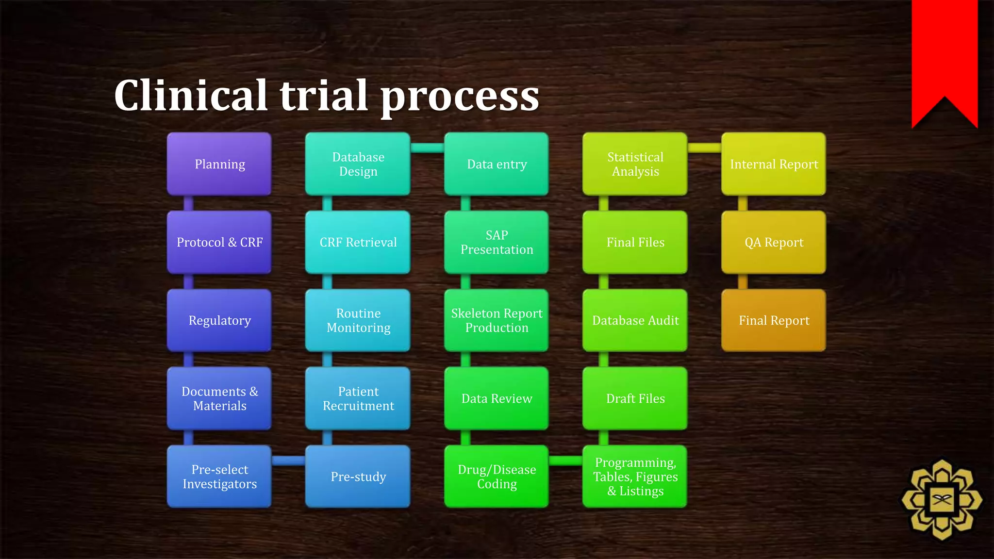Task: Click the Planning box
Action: coord(219,164)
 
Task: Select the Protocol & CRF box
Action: coord(219,242)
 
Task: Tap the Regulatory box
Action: coord(219,320)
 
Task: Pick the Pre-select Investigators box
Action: coord(219,477)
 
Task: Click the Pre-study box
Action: coord(358,477)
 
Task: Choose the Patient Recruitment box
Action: coord(358,398)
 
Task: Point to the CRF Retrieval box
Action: coord(358,242)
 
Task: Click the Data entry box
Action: coord(497,164)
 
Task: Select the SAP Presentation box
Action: coord(497,242)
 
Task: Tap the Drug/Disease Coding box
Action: coord(497,477)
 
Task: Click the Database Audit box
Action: coord(635,320)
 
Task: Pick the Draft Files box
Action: coord(635,398)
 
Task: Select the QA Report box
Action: coord(774,242)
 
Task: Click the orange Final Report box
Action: coord(774,320)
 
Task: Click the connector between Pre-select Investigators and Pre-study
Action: coord(288,460)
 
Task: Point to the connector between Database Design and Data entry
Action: coord(427,148)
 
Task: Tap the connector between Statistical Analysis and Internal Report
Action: coord(704,148)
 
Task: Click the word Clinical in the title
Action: coord(191,95)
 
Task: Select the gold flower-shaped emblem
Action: coord(942,500)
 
